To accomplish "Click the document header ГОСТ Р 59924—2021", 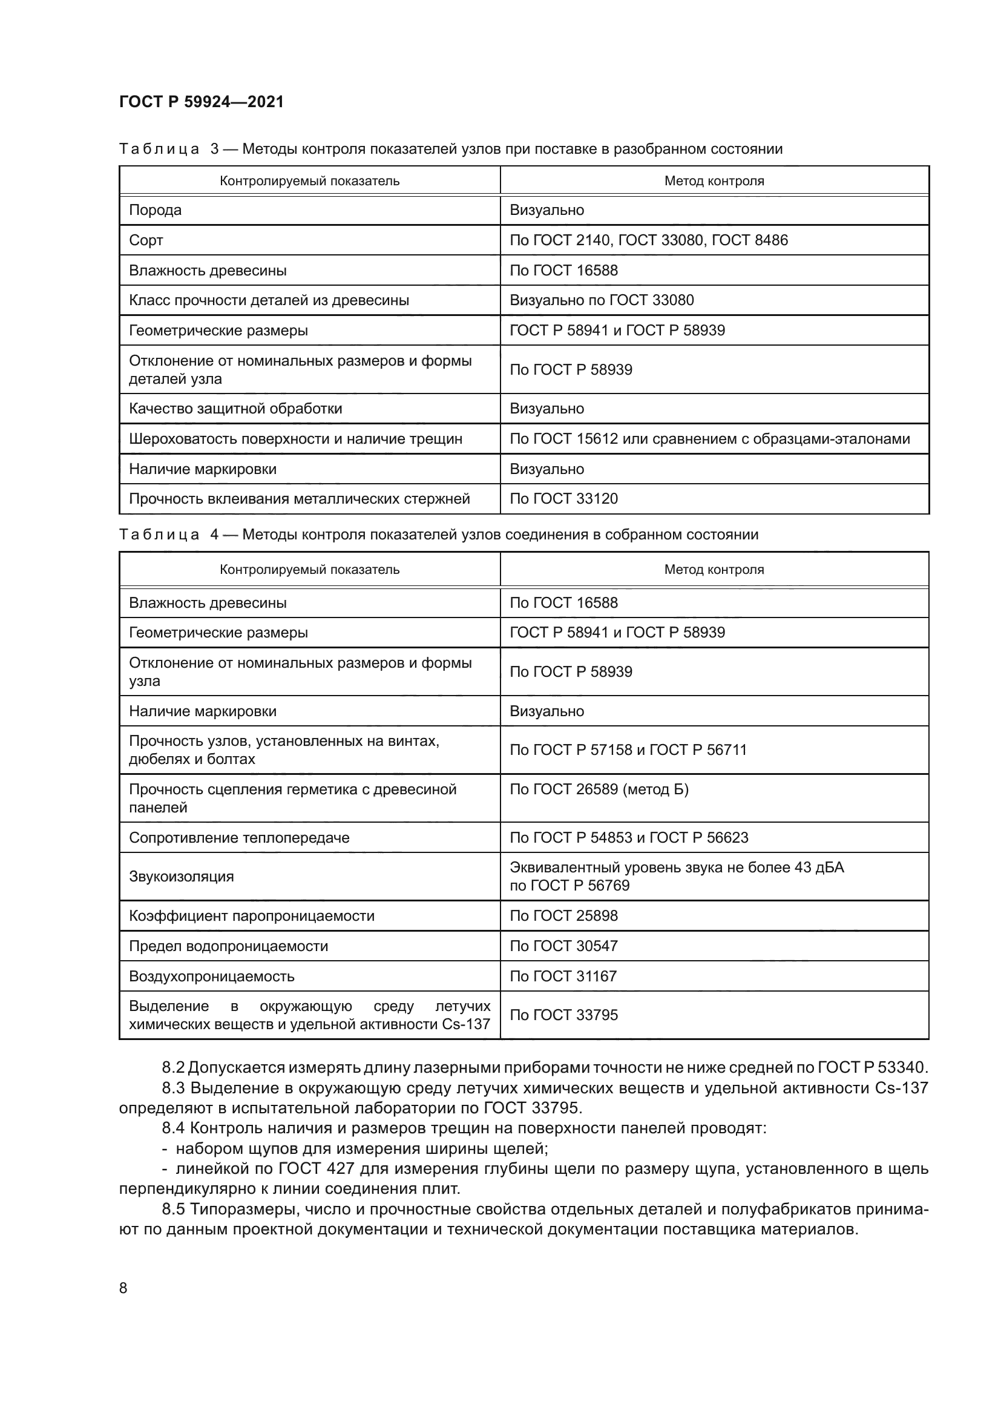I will (201, 102).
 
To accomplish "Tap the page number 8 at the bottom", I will (123, 1288).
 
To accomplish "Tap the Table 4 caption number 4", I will (214, 535).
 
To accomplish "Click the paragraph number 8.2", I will (173, 1067).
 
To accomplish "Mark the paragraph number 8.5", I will (173, 1209).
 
